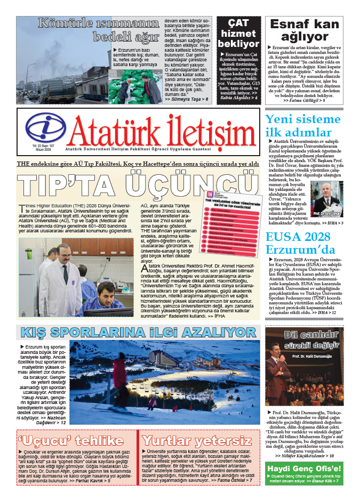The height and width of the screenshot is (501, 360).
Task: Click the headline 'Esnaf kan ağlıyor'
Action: point(305,30)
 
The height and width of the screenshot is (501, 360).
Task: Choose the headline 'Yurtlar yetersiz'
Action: point(197,441)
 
